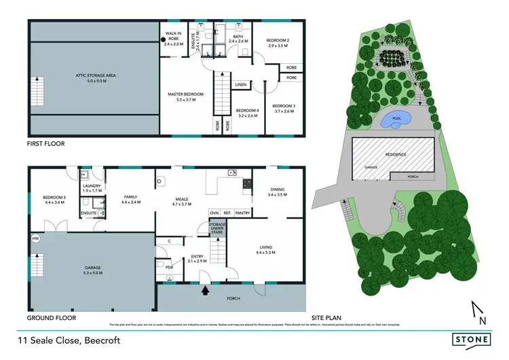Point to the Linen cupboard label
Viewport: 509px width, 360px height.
(x=240, y=85)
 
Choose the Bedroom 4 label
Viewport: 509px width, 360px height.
(x=248, y=113)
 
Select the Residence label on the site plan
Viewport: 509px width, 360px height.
(x=396, y=154)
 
